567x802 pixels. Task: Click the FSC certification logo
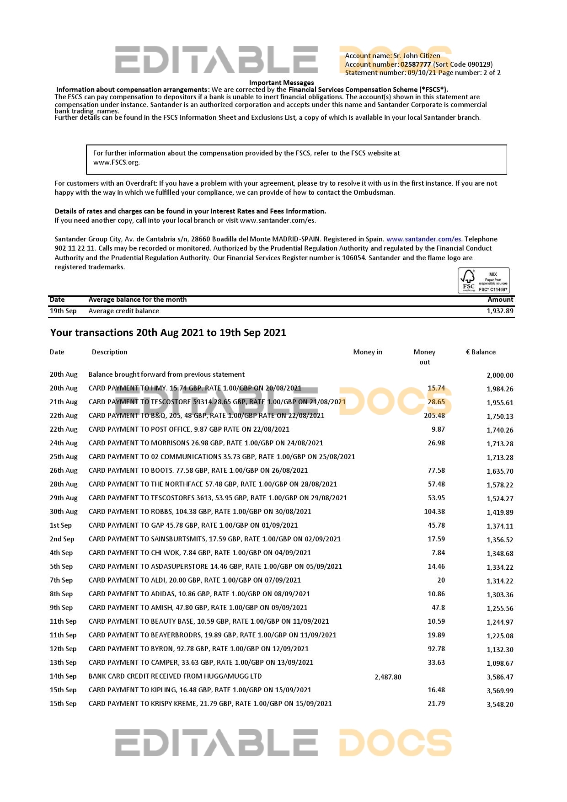pyautogui.click(x=483, y=281)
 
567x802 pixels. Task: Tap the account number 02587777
pyautogui.click(x=415, y=64)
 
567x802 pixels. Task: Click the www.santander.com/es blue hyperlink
pyautogui.click(x=423, y=239)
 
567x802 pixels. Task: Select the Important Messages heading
pyautogui.click(x=281, y=83)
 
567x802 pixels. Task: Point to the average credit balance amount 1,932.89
pyautogui.click(x=500, y=311)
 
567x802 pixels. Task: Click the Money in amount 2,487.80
pyautogui.click(x=388, y=677)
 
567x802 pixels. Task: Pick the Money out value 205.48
pyautogui.click(x=434, y=416)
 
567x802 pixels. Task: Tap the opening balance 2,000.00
pyautogui.click(x=500, y=375)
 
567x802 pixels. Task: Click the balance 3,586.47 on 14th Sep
pyautogui.click(x=500, y=677)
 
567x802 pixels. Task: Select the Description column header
pyautogui.click(x=109, y=352)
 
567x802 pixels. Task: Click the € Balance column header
pyautogui.click(x=481, y=352)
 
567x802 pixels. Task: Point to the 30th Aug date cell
pyautogui.click(x=64, y=512)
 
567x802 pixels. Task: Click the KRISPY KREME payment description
pyautogui.click(x=210, y=704)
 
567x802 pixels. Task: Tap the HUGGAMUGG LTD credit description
pyautogui.click(x=175, y=676)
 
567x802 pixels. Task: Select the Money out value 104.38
pyautogui.click(x=434, y=512)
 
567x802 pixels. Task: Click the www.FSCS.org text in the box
pyautogui.click(x=116, y=162)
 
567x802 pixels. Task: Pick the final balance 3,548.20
pyautogui.click(x=500, y=705)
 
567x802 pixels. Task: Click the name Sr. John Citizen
pyautogui.click(x=417, y=56)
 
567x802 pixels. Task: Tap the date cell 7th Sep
pyautogui.click(x=61, y=580)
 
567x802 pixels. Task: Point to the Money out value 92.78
pyautogui.click(x=436, y=649)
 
